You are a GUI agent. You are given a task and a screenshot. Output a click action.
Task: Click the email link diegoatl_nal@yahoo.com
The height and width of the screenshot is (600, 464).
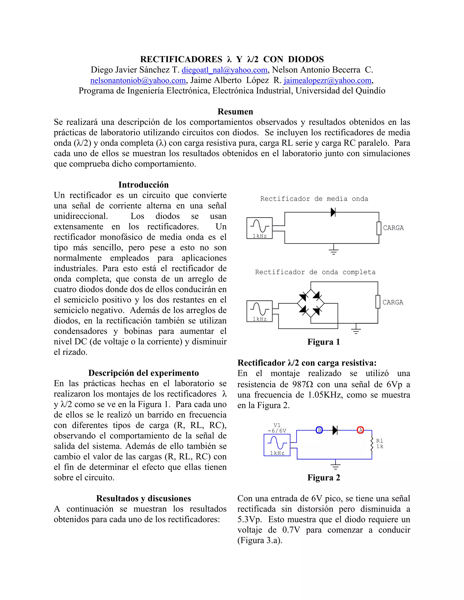point(224,70)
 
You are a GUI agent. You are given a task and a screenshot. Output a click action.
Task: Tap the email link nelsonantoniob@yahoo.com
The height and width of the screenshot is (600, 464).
point(138,81)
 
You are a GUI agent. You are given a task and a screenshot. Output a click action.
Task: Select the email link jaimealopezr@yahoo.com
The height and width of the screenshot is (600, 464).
point(327,81)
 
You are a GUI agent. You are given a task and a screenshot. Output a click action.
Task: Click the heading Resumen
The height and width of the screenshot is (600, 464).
point(235,112)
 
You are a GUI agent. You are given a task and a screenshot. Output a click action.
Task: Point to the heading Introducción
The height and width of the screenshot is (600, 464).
point(143,185)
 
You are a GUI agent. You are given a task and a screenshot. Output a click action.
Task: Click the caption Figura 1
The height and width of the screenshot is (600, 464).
point(324,342)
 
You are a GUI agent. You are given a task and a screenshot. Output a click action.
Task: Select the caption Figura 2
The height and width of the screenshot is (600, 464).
point(324,478)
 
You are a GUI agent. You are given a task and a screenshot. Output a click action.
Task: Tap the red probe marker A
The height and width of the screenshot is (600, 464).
point(360,430)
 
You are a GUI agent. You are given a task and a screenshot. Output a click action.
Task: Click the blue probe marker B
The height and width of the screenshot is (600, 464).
point(319,430)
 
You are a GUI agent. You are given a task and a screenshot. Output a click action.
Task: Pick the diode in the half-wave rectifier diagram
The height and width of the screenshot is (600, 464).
point(333,212)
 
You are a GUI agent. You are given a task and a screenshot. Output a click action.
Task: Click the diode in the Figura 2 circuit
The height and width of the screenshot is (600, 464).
point(335,430)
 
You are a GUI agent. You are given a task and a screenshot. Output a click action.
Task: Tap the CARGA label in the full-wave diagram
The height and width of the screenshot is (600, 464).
point(393,302)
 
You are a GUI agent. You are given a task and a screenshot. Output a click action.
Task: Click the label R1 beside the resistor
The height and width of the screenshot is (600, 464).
point(380,441)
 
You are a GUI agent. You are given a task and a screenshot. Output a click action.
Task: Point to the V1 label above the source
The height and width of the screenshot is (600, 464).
point(277,425)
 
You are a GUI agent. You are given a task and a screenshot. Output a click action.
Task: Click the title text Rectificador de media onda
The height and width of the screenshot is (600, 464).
point(314,199)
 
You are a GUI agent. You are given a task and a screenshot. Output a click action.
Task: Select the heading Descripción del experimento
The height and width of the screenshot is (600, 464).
point(143,373)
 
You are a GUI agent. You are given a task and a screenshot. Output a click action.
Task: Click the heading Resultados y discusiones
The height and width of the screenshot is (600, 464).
point(143,498)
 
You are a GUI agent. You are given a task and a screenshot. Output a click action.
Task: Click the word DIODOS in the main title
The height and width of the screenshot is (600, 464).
point(306,59)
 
